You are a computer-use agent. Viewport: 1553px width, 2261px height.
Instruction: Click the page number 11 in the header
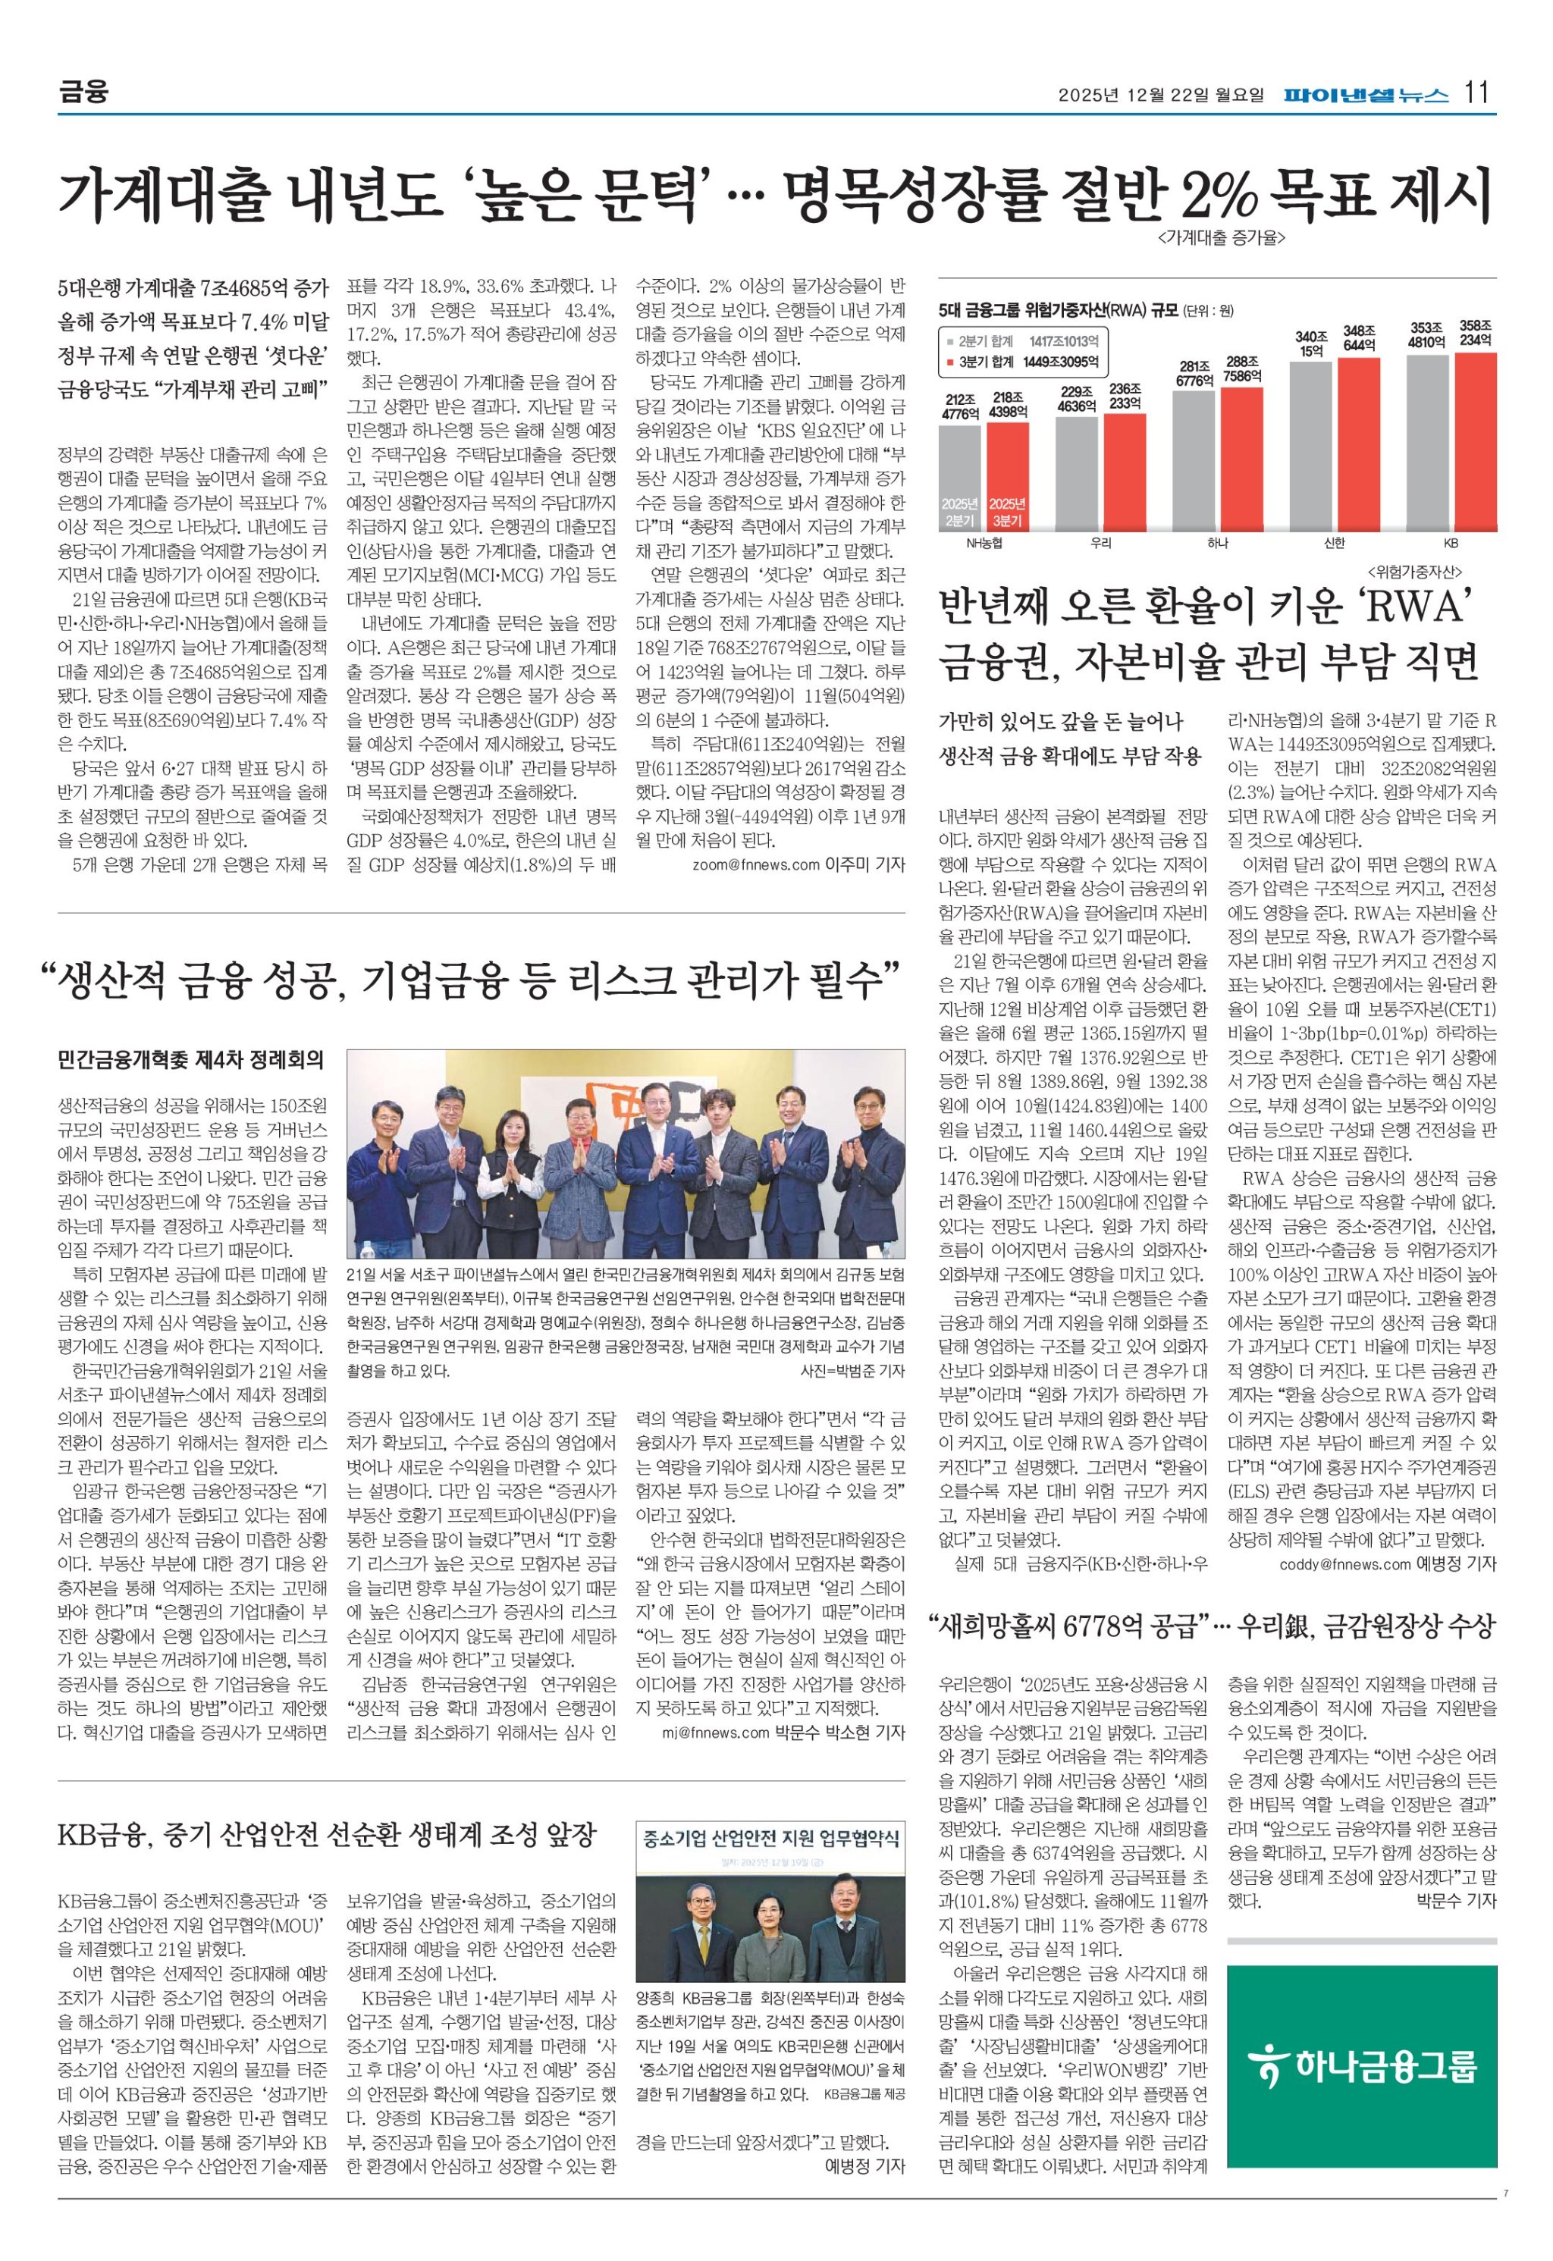[x=1477, y=93]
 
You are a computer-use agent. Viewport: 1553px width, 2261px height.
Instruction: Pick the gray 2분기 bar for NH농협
[x=959, y=477]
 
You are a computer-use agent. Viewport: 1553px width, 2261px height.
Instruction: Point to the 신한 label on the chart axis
[x=1335, y=543]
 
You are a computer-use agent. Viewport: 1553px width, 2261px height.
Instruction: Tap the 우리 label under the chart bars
[x=1102, y=543]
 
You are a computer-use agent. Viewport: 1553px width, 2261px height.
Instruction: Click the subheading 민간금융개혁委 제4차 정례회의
[x=191, y=1059]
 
